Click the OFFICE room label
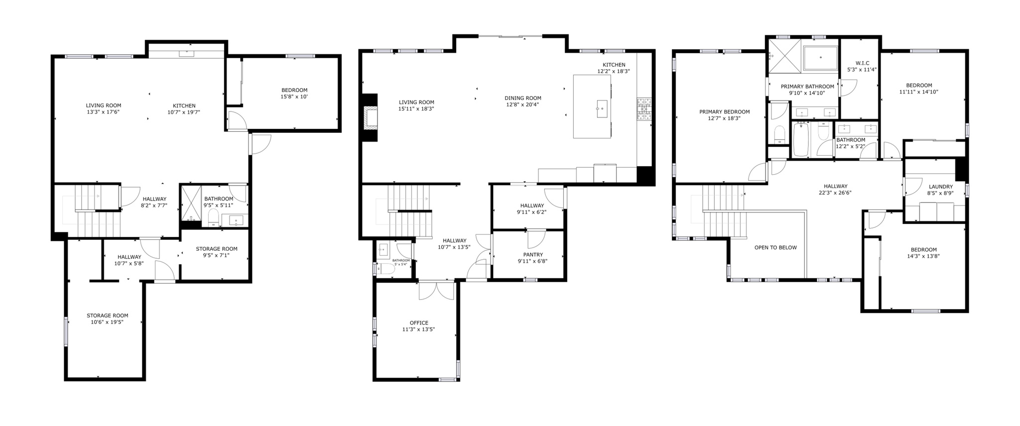pos(418,322)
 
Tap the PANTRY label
pos(532,254)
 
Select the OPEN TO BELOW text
pos(775,247)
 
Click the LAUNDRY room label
pos(940,187)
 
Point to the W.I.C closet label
pos(862,63)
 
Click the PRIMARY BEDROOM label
pos(724,112)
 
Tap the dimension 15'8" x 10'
pos(294,97)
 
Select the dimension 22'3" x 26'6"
pos(835,193)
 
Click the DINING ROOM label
pos(522,98)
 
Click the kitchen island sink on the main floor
pos(601,107)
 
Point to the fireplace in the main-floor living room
pos(370,118)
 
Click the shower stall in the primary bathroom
pos(784,55)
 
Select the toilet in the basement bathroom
pos(213,217)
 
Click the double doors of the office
pos(436,291)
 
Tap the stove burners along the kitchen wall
pos(643,109)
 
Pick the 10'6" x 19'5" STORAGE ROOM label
pos(107,316)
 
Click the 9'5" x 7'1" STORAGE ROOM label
pos(216,249)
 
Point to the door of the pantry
pos(536,238)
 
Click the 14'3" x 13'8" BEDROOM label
pos(923,250)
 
